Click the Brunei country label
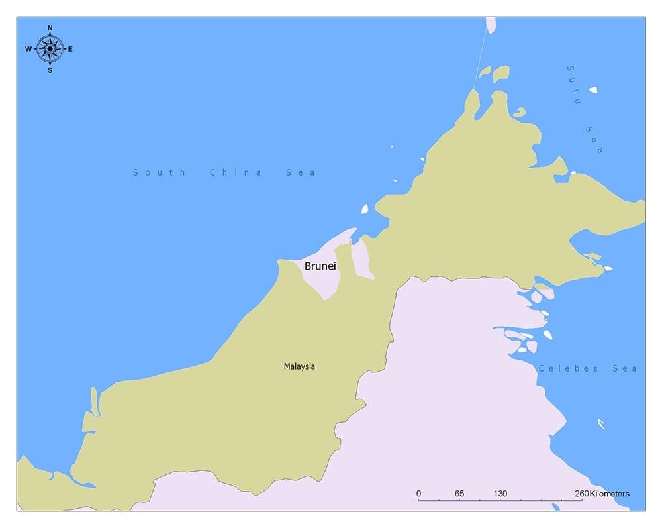point(320,266)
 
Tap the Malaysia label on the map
point(299,366)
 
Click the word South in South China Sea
point(160,173)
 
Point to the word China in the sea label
point(236,173)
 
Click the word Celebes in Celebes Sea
point(568,368)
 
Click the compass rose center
point(50,48)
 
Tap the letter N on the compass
point(50,28)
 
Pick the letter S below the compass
point(50,70)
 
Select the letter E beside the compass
point(70,49)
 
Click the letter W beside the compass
point(28,49)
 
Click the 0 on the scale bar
point(418,494)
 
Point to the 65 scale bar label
point(459,494)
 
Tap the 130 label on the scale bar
point(500,494)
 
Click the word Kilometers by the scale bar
point(610,494)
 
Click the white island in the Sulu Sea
point(593,90)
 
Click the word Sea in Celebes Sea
point(626,368)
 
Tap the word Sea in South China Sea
point(301,173)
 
